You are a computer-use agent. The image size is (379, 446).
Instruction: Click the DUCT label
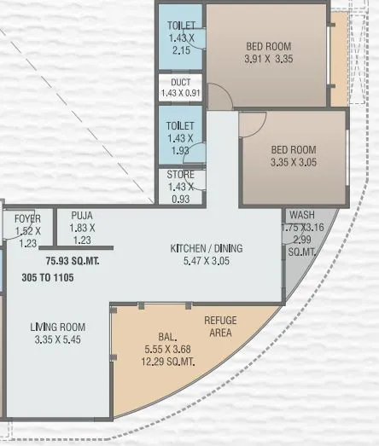180,83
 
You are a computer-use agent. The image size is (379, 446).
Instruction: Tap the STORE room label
180,177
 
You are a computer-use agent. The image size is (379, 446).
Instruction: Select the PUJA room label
82,217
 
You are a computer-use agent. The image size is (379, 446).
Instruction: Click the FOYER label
27,219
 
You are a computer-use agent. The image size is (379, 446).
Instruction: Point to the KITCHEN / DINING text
206,248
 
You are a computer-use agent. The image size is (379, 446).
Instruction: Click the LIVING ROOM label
57,327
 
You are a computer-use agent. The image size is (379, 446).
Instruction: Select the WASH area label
301,215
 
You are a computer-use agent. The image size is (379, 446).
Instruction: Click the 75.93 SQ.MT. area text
73,260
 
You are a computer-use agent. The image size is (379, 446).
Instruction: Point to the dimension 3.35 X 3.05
293,161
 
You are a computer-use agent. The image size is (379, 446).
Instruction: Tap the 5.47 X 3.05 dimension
206,261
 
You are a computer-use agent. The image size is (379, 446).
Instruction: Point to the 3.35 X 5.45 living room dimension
57,339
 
